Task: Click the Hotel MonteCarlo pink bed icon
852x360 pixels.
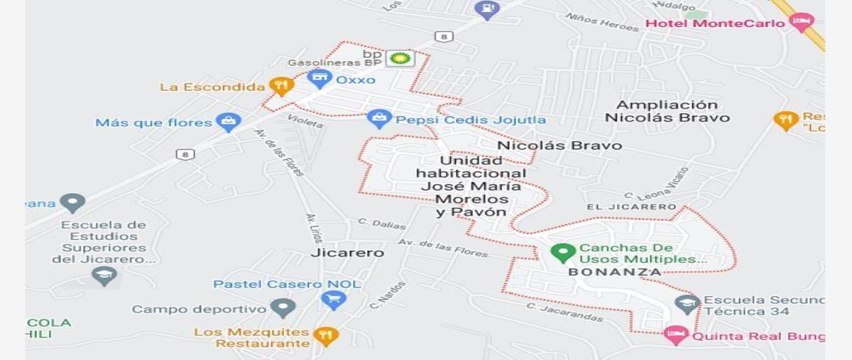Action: tap(802, 21)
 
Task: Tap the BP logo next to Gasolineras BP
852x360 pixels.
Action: tap(400, 58)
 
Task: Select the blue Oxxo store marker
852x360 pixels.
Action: tap(320, 78)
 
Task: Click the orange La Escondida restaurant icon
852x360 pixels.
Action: tap(282, 87)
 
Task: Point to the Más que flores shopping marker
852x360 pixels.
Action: tap(228, 122)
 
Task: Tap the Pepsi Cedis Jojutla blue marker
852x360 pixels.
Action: tap(379, 119)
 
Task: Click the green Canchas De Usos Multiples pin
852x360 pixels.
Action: tap(563, 252)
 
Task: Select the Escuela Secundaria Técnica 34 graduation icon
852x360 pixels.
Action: tap(687, 304)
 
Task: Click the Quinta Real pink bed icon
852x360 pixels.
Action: tap(675, 334)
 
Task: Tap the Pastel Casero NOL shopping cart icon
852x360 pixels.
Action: tap(333, 300)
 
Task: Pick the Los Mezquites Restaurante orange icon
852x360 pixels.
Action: tap(325, 335)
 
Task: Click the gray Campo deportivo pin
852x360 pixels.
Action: tap(283, 308)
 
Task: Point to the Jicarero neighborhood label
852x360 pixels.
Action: tap(347, 253)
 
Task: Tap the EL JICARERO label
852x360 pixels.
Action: tap(631, 207)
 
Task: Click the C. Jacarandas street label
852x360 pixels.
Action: tap(564, 312)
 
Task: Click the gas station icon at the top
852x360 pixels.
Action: tap(487, 9)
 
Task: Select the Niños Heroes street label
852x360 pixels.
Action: tap(603, 22)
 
